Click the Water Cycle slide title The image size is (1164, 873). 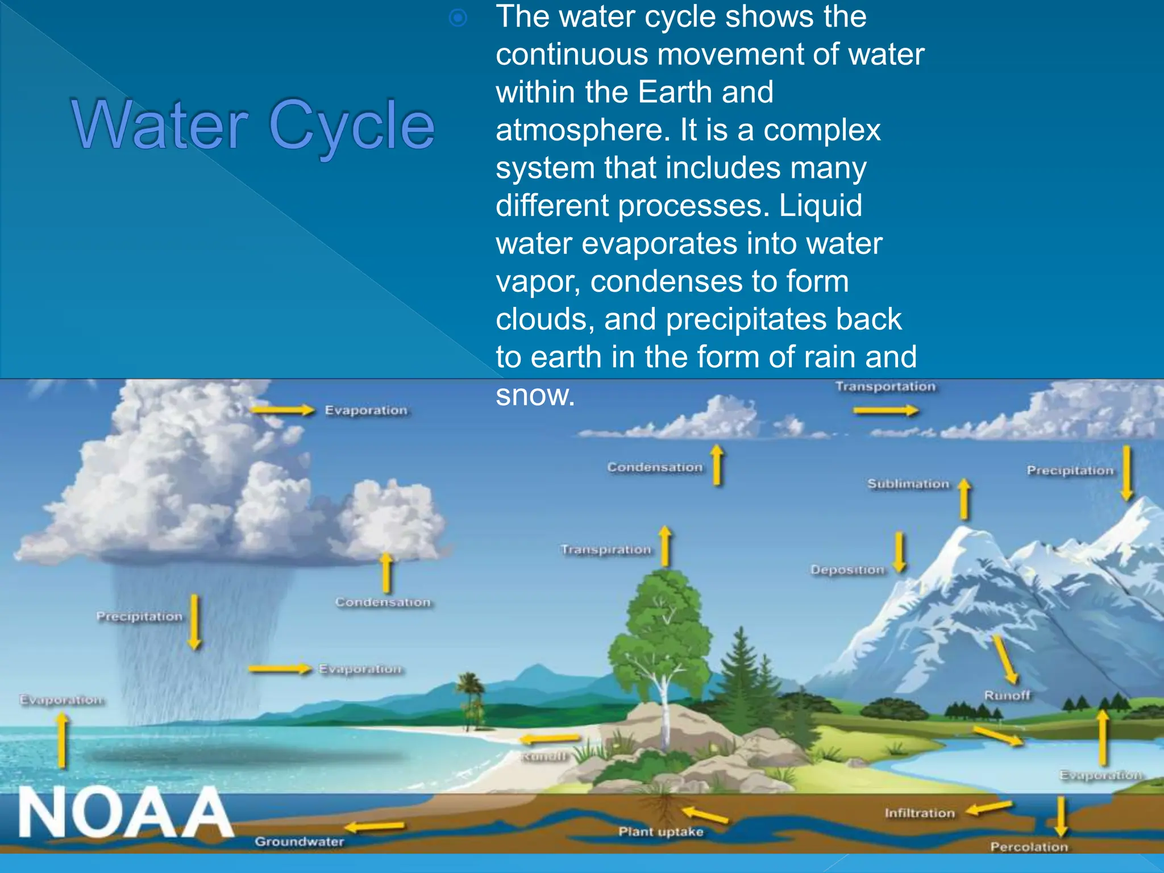[253, 125]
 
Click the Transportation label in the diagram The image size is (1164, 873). [885, 387]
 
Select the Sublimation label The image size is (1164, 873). [908, 484]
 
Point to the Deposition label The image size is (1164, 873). [847, 570]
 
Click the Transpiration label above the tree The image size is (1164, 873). [605, 550]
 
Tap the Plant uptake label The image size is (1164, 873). [660, 832]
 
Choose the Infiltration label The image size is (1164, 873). [919, 813]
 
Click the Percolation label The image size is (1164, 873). [1029, 847]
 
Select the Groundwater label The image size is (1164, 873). [299, 842]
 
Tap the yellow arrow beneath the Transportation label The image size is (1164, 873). [886, 411]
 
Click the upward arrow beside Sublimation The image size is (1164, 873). [964, 499]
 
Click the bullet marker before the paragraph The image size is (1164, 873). [458, 19]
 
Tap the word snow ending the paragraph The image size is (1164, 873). [534, 395]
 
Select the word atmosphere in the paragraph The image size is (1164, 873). [579, 130]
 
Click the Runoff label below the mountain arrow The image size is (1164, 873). [1007, 696]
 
